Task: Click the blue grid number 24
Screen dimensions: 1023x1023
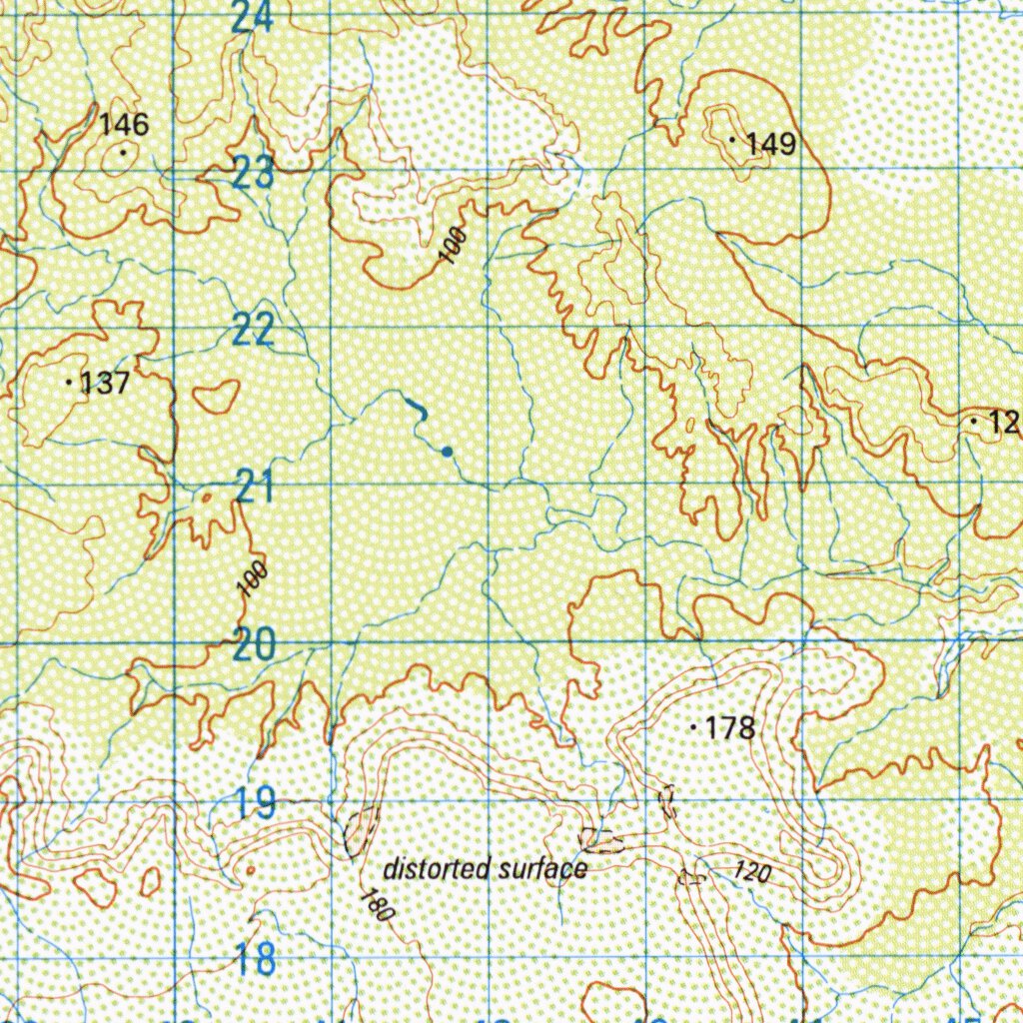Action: coord(251,17)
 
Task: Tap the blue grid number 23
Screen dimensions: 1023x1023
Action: coord(254,174)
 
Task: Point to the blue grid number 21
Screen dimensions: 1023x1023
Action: coord(255,488)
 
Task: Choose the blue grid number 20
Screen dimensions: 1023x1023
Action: coord(254,644)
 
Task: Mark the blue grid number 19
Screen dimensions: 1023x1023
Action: coord(256,802)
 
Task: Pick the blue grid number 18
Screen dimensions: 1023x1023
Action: coord(256,959)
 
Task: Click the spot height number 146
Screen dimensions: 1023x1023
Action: coord(125,125)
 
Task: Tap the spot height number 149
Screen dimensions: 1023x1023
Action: coord(771,145)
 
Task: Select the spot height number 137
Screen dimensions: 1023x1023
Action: coord(105,384)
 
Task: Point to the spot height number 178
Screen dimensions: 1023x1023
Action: coord(730,728)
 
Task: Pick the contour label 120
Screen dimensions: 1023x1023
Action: coord(752,871)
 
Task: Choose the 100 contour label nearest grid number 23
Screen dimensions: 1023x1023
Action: coord(453,247)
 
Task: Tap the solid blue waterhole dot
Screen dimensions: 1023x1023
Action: coord(447,452)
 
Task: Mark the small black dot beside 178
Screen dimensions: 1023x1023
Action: coord(693,728)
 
